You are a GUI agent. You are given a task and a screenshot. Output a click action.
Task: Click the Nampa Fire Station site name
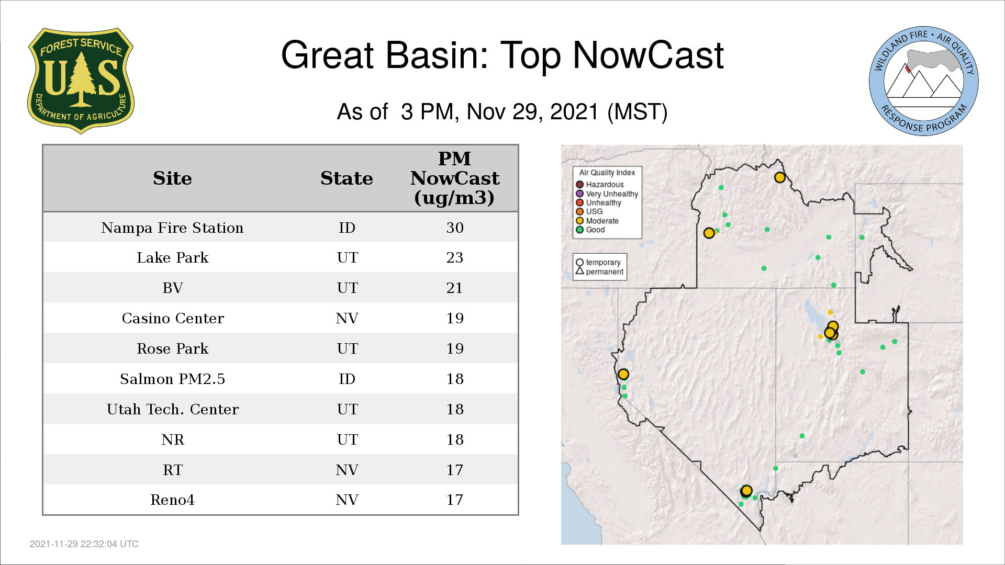pyautogui.click(x=172, y=228)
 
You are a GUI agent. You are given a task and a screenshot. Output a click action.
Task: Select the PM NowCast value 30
pyautogui.click(x=455, y=228)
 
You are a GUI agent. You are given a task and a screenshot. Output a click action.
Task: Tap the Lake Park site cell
pyautogui.click(x=172, y=257)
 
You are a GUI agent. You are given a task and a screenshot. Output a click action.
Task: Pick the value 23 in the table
pyautogui.click(x=455, y=257)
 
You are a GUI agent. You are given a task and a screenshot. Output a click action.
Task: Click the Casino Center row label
pyautogui.click(x=173, y=318)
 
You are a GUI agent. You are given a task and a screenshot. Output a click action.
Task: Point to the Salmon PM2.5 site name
pyautogui.click(x=172, y=379)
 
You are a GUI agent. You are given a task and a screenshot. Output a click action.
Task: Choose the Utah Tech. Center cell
pyautogui.click(x=173, y=409)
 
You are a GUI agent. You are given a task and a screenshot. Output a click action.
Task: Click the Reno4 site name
pyautogui.click(x=172, y=500)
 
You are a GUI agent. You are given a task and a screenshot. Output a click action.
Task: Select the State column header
pyautogui.click(x=347, y=178)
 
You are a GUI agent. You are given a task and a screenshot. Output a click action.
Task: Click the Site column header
pyautogui.click(x=172, y=178)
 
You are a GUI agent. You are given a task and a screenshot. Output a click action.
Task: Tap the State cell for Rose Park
pyautogui.click(x=347, y=348)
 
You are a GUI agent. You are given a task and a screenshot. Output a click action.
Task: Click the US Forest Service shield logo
pyautogui.click(x=81, y=81)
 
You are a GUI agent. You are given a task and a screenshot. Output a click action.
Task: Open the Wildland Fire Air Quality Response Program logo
pyautogui.click(x=924, y=81)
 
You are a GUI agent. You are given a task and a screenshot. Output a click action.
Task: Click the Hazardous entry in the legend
pyautogui.click(x=600, y=185)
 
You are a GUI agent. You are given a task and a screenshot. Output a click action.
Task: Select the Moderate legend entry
pyautogui.click(x=597, y=221)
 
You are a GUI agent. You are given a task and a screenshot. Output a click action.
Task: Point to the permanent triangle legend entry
pyautogui.click(x=600, y=272)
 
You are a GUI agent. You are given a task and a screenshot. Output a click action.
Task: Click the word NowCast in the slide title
pyautogui.click(x=648, y=55)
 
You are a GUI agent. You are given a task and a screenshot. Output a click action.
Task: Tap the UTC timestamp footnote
pyautogui.click(x=84, y=544)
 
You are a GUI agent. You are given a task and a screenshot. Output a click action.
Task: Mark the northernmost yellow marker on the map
pyautogui.click(x=780, y=177)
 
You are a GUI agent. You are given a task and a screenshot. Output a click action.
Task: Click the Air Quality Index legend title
pyautogui.click(x=607, y=173)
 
